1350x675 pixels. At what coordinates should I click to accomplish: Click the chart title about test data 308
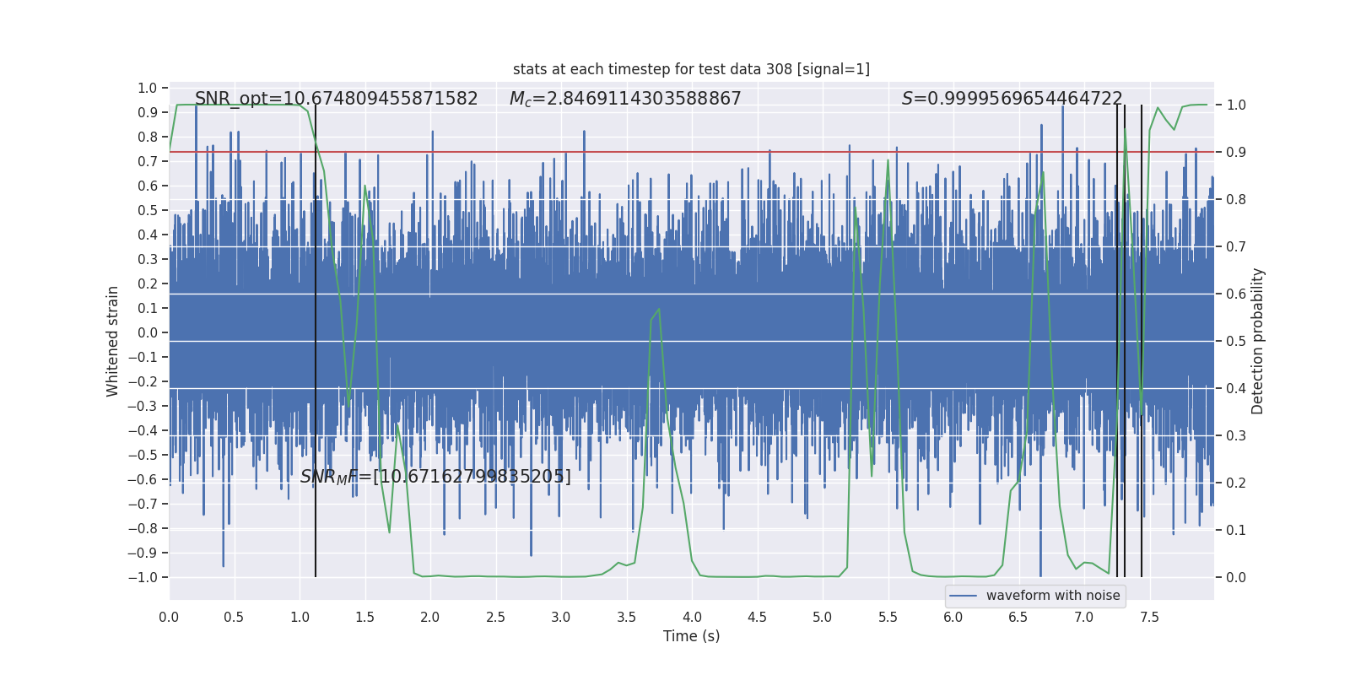tap(691, 69)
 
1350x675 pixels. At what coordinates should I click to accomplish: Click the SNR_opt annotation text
tap(336, 99)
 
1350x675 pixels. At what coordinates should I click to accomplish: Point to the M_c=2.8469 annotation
tap(625, 99)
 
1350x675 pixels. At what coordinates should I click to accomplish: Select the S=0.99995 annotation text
tap(1012, 99)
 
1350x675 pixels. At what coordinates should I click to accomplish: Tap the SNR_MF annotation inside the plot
tap(435, 477)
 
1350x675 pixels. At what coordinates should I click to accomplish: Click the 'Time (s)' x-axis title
tap(691, 636)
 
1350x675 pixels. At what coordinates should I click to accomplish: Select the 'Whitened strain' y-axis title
tap(113, 341)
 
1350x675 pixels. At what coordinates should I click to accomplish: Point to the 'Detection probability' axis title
tap(1258, 341)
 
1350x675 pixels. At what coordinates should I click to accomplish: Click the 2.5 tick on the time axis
tap(495, 617)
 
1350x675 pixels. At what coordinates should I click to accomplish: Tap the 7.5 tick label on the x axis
tap(1149, 617)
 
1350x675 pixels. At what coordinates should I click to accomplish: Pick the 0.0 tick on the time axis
tap(169, 617)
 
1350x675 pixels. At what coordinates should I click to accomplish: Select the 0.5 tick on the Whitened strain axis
tap(148, 210)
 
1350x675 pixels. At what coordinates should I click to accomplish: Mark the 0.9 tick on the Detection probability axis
tap(1236, 152)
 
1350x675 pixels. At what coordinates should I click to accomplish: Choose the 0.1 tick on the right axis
tap(1236, 530)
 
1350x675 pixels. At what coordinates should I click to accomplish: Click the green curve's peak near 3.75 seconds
tap(658, 309)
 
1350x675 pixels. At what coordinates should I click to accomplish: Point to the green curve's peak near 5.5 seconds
tap(888, 159)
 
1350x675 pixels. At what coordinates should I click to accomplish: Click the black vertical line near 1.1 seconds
tap(316, 337)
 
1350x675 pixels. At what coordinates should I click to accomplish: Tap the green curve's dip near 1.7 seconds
tap(389, 532)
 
